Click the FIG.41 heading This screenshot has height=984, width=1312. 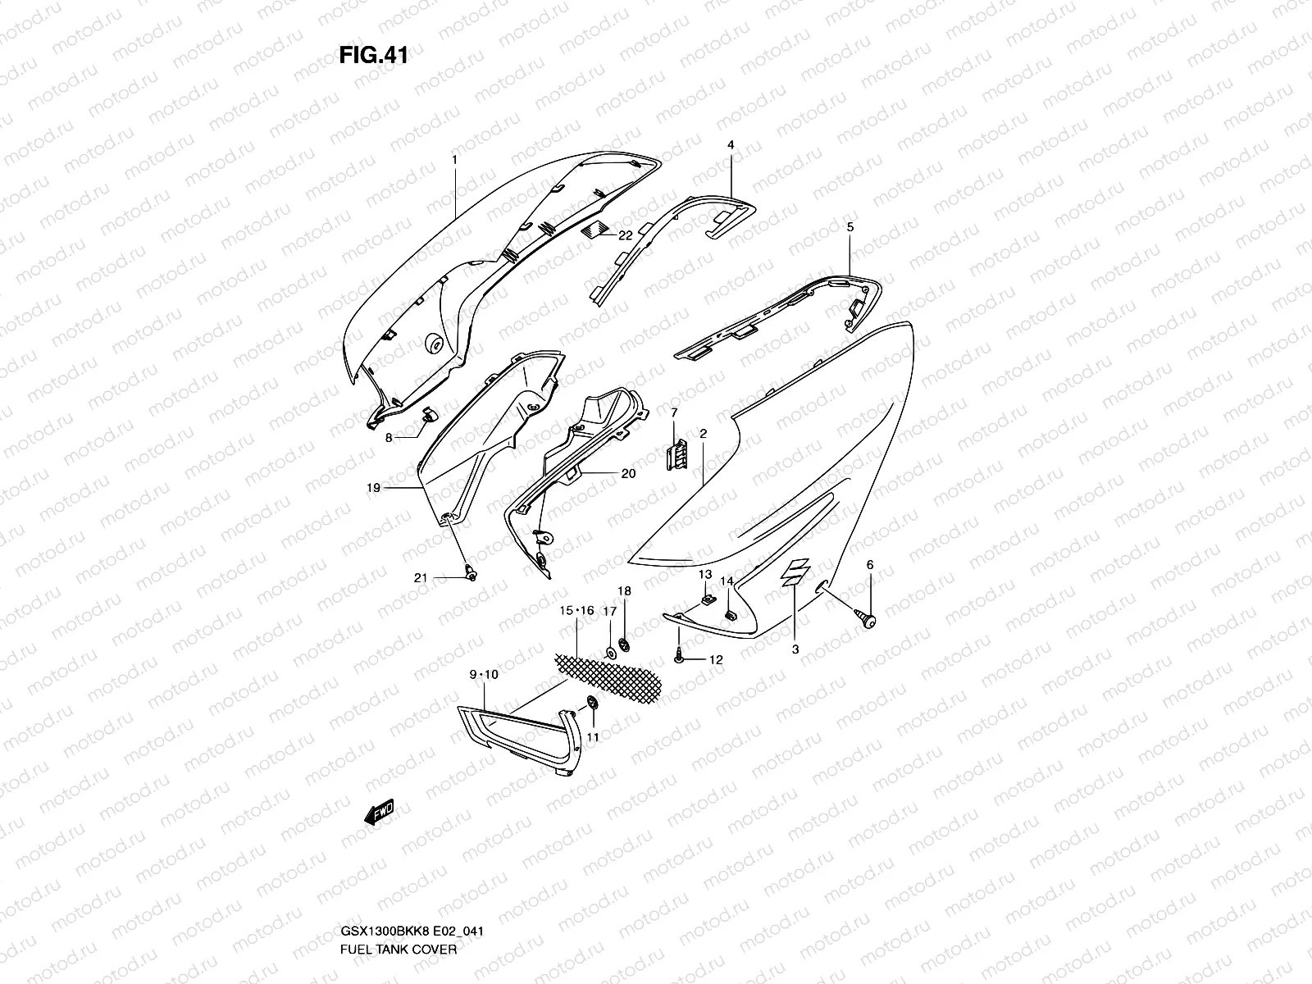click(x=373, y=56)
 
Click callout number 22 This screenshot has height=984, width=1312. click(x=625, y=235)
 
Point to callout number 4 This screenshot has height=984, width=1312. click(x=730, y=145)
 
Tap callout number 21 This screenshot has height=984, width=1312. click(x=421, y=578)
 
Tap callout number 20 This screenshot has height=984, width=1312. click(x=628, y=474)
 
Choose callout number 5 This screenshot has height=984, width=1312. click(x=850, y=226)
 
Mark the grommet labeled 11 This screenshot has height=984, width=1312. click(x=591, y=704)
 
